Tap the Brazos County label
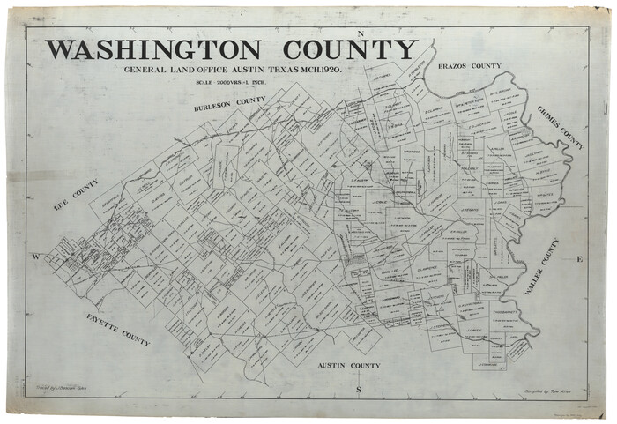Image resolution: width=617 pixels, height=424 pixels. [469, 66]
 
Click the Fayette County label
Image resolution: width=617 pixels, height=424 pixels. [119, 329]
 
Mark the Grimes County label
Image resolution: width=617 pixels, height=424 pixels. [561, 127]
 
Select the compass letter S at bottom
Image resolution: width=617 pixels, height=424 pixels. [358, 389]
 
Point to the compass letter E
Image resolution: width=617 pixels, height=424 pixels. [579, 259]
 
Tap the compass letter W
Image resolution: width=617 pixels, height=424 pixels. [36, 257]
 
